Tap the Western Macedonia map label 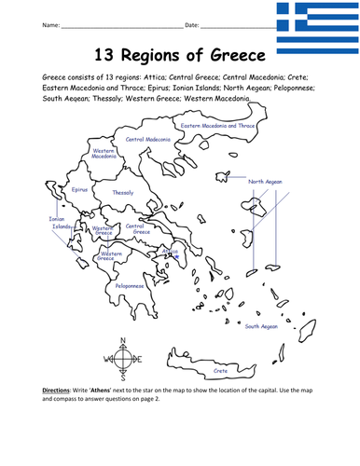(104, 153)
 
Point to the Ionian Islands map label (60, 223)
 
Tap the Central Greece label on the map (136, 227)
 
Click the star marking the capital (173, 252)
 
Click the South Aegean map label (261, 326)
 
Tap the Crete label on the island (220, 370)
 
